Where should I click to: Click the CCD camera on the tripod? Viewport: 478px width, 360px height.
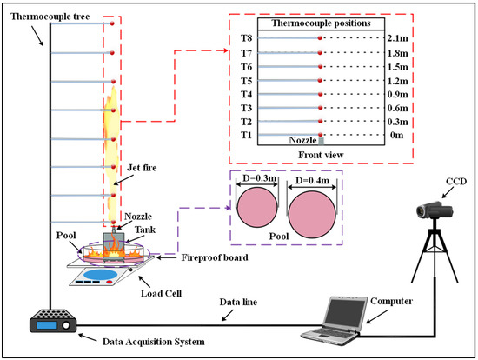(x=435, y=210)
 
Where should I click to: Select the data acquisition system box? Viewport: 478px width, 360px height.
(x=53, y=321)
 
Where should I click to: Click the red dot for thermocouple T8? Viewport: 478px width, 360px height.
(x=320, y=38)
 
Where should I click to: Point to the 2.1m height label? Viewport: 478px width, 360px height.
(x=397, y=38)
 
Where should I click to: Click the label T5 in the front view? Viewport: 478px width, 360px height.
(x=246, y=81)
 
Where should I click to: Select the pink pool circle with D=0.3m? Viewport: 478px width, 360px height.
(x=257, y=207)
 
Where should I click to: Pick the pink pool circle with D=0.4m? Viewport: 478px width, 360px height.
(x=312, y=215)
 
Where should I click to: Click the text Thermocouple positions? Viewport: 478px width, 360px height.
(x=321, y=23)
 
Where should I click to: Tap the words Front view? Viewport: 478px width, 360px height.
(x=321, y=155)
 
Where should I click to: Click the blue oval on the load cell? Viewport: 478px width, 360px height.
(x=100, y=274)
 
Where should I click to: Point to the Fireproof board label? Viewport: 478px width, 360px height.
(x=215, y=257)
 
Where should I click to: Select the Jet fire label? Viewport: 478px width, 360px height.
(x=142, y=168)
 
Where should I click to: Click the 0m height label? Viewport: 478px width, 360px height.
(x=396, y=135)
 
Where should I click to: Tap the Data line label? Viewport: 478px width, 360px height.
(x=238, y=302)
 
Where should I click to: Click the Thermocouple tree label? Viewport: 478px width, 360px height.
(x=50, y=17)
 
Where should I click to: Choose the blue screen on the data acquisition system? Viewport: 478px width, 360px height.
(x=47, y=325)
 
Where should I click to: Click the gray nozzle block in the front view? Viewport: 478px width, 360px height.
(x=321, y=141)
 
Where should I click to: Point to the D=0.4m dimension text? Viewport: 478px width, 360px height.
(x=312, y=181)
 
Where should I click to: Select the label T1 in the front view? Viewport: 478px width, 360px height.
(x=246, y=135)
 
